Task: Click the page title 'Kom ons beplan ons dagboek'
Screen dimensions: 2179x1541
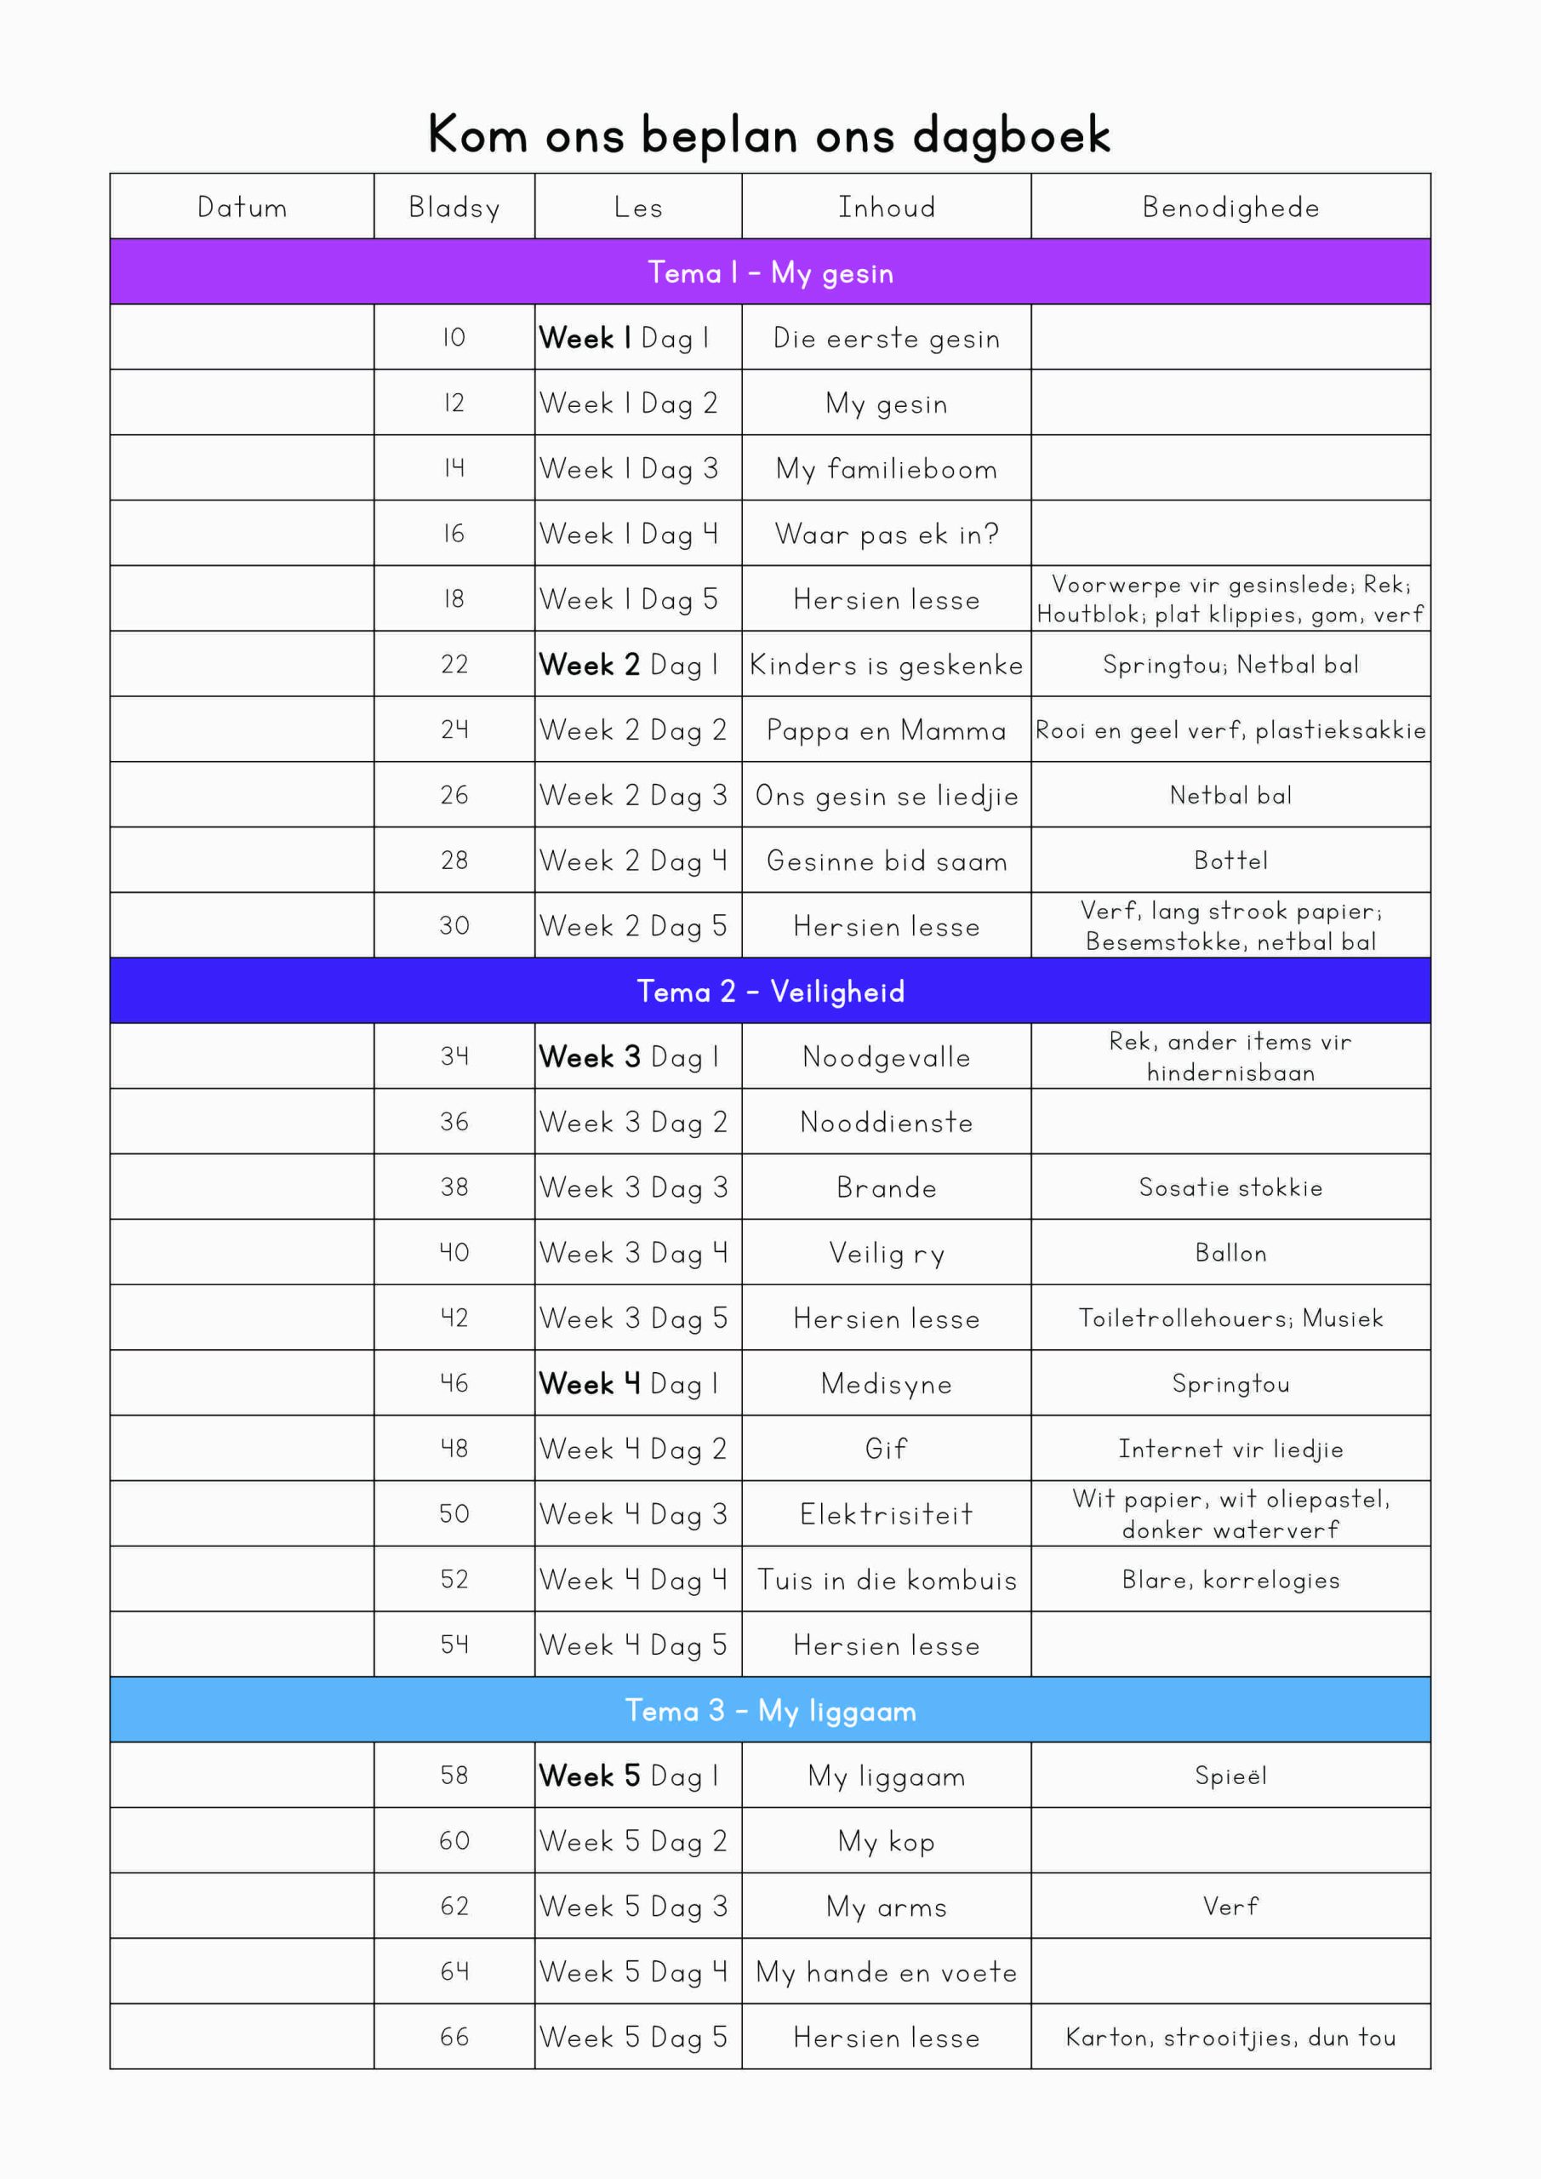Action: [768, 134]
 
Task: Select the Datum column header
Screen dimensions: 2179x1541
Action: [242, 207]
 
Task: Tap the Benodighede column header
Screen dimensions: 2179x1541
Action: [1230, 207]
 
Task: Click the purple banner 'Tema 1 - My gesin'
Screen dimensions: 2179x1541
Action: [769, 272]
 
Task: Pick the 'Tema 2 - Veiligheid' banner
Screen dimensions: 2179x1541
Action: [769, 991]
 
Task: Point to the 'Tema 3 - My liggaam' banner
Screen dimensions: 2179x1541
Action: [769, 1710]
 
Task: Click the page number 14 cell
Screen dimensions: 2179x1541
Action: [454, 468]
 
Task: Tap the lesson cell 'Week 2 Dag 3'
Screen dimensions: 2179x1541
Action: [633, 795]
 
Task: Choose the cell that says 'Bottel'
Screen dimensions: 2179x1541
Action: [1230, 861]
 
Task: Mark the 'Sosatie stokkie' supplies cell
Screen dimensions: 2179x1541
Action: [1230, 1187]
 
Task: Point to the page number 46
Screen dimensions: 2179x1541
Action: [454, 1383]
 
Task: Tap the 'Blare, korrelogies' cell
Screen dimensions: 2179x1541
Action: [1230, 1579]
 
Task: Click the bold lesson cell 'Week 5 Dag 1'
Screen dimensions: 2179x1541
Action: [629, 1776]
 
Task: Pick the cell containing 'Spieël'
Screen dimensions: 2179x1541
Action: [1230, 1776]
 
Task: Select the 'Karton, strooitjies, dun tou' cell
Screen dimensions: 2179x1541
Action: [1230, 2038]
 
